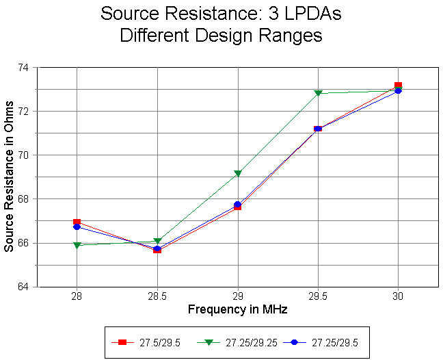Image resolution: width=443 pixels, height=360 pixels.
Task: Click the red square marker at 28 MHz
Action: pos(77,222)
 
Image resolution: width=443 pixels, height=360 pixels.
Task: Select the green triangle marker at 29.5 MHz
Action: pos(318,93)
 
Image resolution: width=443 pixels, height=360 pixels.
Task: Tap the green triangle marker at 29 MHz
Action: pos(238,174)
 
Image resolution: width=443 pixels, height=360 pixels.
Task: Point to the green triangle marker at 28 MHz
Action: pos(77,245)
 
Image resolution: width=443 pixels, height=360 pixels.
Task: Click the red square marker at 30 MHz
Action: pos(398,86)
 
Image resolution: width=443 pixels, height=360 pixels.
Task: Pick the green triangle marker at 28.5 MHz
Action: pos(157,241)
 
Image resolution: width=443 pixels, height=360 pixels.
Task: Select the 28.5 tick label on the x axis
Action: pos(157,298)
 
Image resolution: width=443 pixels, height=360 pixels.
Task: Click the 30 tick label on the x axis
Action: pos(398,298)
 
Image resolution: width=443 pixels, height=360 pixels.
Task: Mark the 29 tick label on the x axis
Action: pos(238,298)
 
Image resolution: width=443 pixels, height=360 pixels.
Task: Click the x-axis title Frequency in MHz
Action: pos(237,310)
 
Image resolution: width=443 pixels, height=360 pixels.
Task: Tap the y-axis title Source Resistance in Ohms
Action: pos(9,177)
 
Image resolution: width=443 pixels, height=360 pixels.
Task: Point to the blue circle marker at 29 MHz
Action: pos(238,205)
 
